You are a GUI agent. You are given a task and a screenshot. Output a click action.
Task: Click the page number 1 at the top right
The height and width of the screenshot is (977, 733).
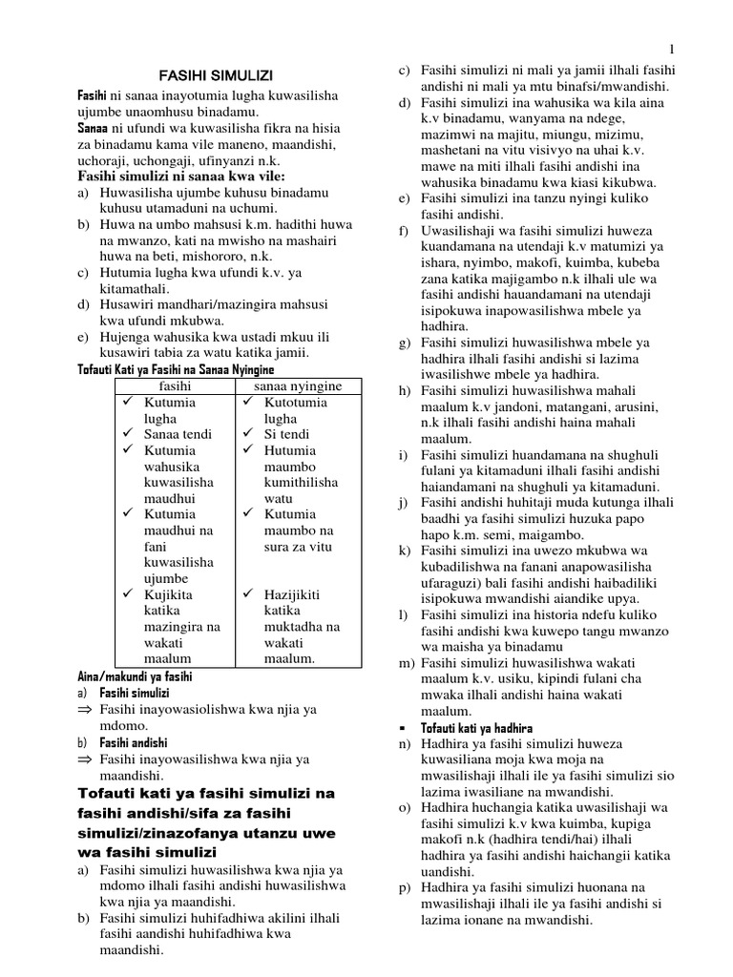(672, 49)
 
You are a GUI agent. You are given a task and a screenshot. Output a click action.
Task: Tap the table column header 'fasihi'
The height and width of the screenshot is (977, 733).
(175, 386)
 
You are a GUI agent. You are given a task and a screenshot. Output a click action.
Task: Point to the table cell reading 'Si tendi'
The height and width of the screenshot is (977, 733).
(288, 434)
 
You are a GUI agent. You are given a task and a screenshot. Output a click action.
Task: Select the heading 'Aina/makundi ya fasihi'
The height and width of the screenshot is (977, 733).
(135, 676)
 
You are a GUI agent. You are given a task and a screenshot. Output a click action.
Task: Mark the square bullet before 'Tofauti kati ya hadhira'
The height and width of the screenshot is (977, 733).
(404, 727)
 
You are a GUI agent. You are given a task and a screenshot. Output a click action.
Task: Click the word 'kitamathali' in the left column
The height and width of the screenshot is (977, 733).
(134, 287)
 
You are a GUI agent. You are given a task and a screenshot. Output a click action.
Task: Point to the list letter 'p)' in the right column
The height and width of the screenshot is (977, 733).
(405, 887)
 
